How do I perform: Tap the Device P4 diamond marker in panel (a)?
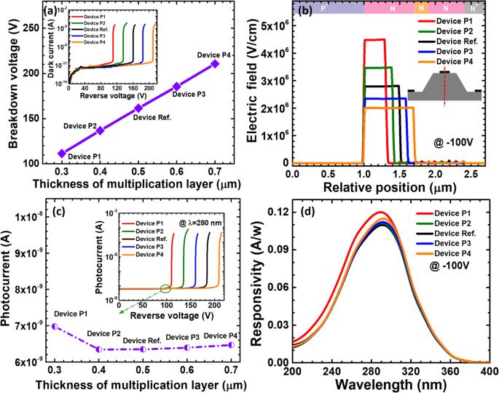coord(214,64)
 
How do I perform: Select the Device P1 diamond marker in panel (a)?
coord(62,153)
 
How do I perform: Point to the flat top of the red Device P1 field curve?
coord(374,40)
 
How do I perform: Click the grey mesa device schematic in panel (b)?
coord(444,86)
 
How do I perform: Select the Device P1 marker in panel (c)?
coord(55,326)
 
